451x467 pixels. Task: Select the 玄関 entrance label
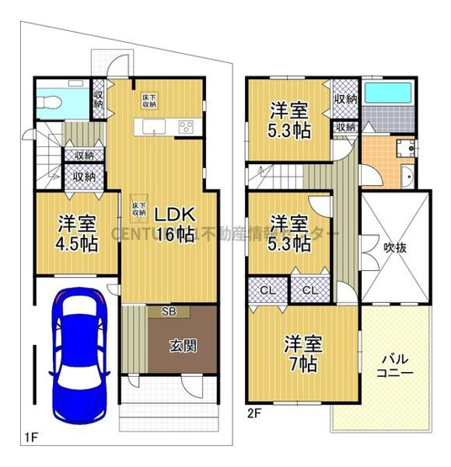[184, 344]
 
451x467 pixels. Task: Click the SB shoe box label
[159, 310]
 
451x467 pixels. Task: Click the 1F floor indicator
[31, 436]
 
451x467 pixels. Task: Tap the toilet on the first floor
[53, 102]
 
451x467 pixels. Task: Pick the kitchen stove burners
[185, 128]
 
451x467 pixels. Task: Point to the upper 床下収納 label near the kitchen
[148, 99]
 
